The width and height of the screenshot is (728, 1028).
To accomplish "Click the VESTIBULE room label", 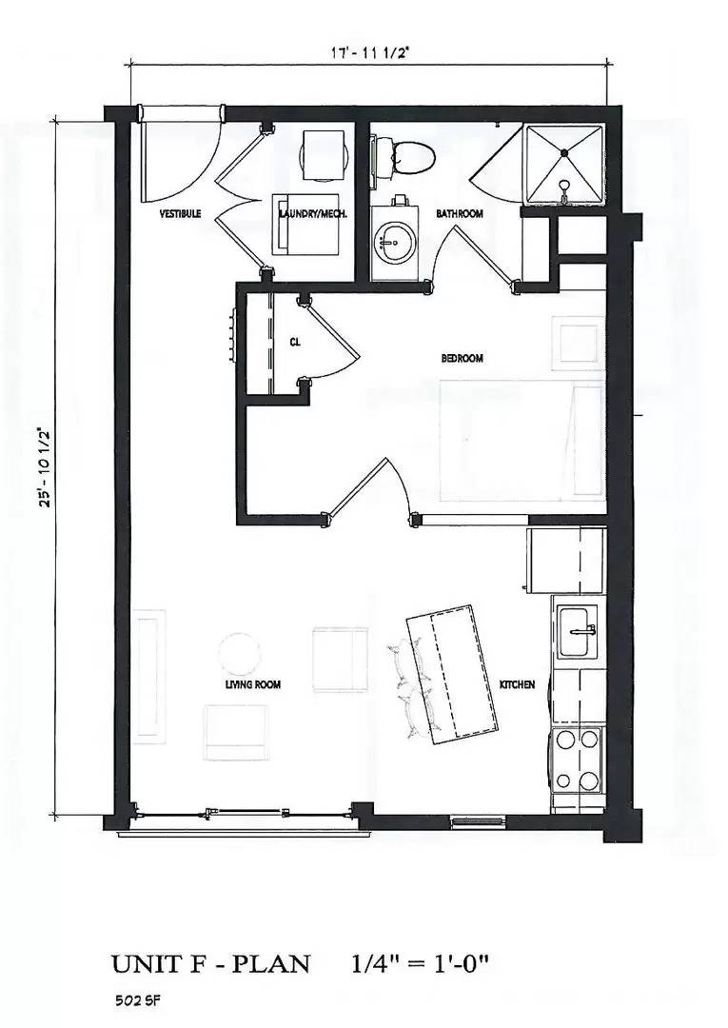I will tap(179, 214).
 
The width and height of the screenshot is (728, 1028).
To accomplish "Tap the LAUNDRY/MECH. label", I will tap(313, 214).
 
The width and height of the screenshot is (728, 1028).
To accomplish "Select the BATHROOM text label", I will tap(460, 214).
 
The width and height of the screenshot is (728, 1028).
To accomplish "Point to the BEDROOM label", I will tap(462, 359).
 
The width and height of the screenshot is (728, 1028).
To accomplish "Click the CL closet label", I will tap(295, 343).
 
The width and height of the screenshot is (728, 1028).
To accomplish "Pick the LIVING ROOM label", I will tap(253, 684).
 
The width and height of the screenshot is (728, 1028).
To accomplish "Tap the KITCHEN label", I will tap(518, 684).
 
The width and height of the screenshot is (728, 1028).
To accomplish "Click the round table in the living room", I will tap(240, 654).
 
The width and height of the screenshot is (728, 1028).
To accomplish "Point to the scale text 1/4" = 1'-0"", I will tap(420, 963).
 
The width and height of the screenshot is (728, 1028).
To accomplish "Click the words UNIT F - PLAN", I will tap(210, 963).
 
